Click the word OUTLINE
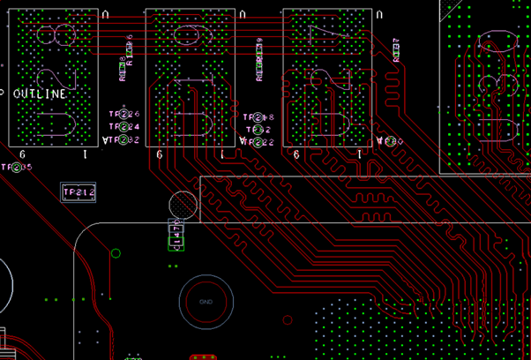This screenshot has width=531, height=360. [40, 94]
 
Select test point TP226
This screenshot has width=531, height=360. [124, 115]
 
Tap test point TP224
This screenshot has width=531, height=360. [124, 127]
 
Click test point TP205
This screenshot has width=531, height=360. [16, 167]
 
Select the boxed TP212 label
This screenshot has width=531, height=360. [78, 192]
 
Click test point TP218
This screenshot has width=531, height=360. [258, 117]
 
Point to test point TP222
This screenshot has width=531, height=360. [257, 141]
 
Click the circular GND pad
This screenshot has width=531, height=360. [206, 302]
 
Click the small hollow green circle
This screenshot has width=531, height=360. [116, 254]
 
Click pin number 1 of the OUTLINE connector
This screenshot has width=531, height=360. [85, 154]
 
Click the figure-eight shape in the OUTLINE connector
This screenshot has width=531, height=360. [55, 36]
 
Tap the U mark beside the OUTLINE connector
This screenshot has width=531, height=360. [106, 15]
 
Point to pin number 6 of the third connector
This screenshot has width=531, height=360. [296, 154]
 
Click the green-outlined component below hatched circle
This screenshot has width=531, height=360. [176, 236]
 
